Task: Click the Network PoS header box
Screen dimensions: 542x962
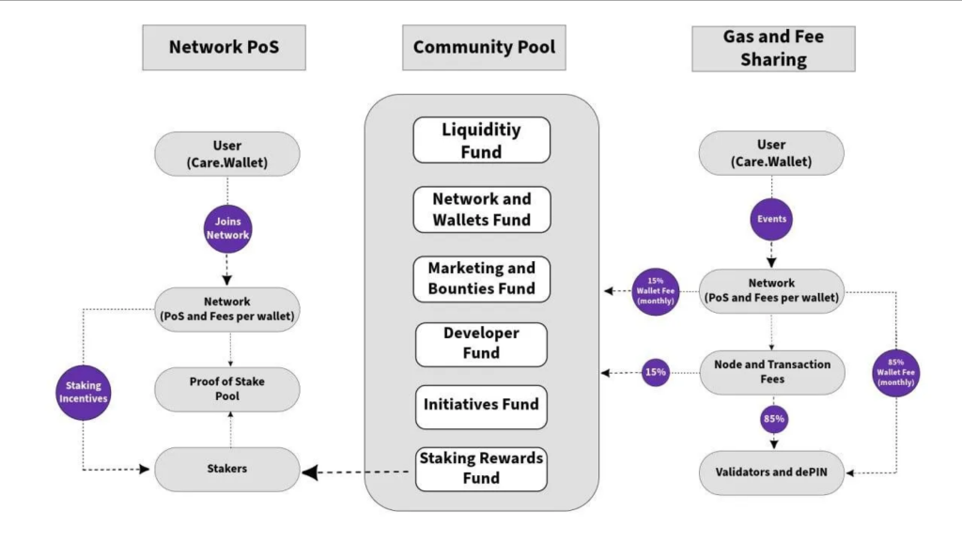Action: click(x=224, y=47)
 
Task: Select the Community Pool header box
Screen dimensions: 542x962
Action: click(x=484, y=47)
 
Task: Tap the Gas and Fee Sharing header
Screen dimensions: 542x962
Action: click(x=773, y=48)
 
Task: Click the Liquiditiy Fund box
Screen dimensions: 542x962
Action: click(x=481, y=140)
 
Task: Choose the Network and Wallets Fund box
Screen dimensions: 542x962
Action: click(x=481, y=209)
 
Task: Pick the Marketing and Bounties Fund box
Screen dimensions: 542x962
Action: click(x=481, y=279)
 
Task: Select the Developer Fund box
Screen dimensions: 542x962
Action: click(x=481, y=344)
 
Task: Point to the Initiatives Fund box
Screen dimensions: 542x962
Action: click(x=481, y=406)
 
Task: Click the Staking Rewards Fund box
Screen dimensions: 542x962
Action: click(x=481, y=469)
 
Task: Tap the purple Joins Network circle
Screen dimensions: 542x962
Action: click(x=228, y=228)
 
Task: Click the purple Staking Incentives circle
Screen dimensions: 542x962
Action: click(x=84, y=393)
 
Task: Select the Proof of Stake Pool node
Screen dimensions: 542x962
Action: click(x=227, y=389)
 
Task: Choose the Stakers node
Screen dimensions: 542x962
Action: click(x=227, y=468)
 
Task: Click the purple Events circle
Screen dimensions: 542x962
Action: click(x=771, y=219)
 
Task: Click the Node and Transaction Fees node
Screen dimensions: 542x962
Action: click(x=771, y=372)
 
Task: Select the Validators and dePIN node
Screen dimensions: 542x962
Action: click(x=771, y=473)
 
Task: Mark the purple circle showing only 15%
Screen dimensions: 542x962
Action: click(x=655, y=372)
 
